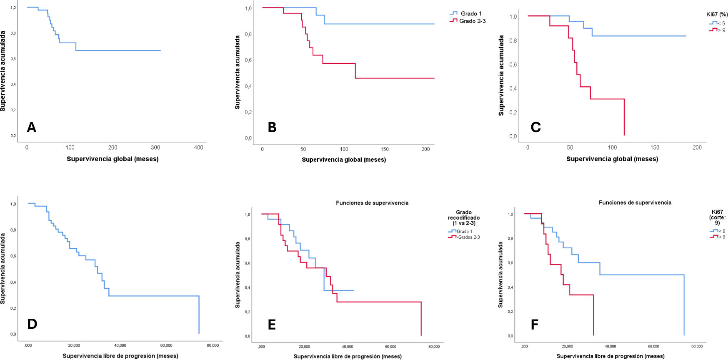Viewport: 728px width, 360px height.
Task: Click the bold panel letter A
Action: pos(31,127)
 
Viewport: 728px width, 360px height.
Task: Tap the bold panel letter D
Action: pos(32,324)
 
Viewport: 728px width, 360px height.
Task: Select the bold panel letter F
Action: pos(535,325)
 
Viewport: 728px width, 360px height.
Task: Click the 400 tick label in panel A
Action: pos(198,147)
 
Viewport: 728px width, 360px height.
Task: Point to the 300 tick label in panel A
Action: pos(155,147)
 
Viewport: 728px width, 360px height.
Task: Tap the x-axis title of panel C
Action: pos(612,159)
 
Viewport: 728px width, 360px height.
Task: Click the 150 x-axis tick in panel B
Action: pos(385,149)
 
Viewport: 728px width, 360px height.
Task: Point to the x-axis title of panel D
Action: pos(120,356)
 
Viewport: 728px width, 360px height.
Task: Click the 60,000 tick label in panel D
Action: pos(166,345)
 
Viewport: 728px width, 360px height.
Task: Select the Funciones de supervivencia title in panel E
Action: pos(372,203)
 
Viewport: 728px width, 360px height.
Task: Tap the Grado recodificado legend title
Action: pos(464,217)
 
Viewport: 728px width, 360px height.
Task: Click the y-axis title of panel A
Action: pos(3,71)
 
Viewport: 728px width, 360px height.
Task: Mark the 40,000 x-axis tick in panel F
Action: pos(610,346)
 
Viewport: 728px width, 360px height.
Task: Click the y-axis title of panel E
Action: pos(238,275)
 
